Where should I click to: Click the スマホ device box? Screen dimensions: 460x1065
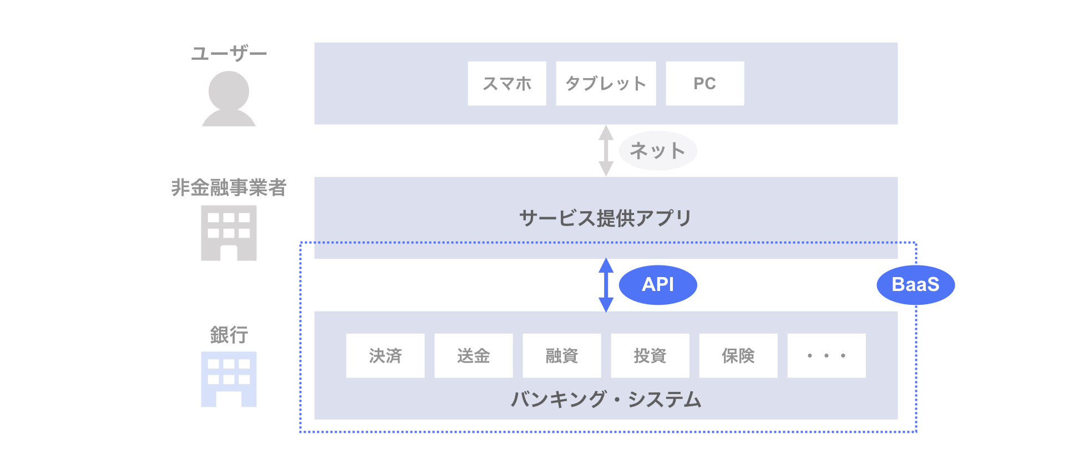[x=506, y=83]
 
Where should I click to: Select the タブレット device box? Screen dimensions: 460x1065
[x=606, y=83]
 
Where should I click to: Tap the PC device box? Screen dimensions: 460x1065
[x=704, y=83]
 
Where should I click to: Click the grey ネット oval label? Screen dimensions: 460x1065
[x=658, y=150]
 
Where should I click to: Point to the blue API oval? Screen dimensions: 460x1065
[x=658, y=285]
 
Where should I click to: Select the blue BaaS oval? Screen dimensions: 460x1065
[x=915, y=285]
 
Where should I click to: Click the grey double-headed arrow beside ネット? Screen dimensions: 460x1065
[x=606, y=150]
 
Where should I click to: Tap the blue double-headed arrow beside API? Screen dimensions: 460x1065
[x=606, y=285]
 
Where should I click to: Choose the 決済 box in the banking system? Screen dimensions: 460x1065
[x=385, y=355]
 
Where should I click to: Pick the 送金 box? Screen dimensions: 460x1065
[x=473, y=355]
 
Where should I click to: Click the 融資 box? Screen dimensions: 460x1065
[x=561, y=355]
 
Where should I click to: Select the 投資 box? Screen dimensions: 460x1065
[x=650, y=355]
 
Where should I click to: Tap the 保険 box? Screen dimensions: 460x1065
[x=738, y=355]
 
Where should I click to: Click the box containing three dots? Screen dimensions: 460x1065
[x=826, y=355]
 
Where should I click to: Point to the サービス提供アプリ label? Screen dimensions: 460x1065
[x=606, y=218]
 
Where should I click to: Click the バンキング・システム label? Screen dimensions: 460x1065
[x=606, y=399]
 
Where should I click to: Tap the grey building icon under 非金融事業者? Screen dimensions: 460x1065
[x=229, y=233]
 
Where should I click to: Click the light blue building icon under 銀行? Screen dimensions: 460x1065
[x=229, y=379]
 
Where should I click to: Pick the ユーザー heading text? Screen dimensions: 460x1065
[x=229, y=53]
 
